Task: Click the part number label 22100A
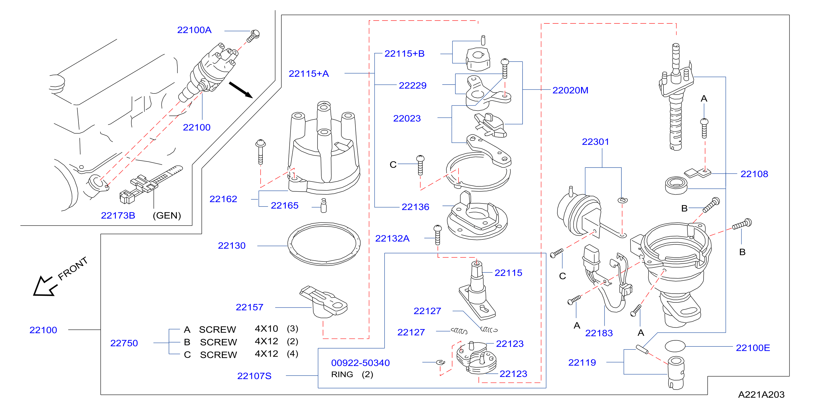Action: point(194,30)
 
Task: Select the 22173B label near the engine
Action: point(118,216)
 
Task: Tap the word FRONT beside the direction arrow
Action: point(73,269)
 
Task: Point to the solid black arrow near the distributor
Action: point(241,90)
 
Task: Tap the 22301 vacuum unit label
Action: point(596,142)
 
